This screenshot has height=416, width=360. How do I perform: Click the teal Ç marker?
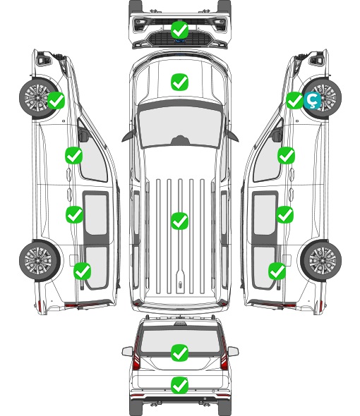click(312, 101)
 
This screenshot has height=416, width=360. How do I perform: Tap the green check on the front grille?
click(179, 30)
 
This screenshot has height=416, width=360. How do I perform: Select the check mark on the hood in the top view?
click(179, 82)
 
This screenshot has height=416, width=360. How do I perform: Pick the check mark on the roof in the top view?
click(179, 221)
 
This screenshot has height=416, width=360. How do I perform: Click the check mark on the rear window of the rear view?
click(179, 353)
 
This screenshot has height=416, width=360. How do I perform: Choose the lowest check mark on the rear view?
click(179, 385)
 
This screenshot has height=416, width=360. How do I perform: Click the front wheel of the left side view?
click(39, 97)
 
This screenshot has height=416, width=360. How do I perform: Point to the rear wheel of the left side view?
click(40, 260)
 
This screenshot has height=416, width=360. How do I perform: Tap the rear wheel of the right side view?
click(321, 260)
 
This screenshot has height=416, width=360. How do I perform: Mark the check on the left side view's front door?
click(74, 155)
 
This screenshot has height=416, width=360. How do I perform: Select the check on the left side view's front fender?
click(56, 100)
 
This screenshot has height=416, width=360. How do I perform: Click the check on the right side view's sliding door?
click(284, 214)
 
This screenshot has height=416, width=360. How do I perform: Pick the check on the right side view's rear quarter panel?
click(277, 271)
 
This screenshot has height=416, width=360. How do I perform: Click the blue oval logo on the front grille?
click(179, 41)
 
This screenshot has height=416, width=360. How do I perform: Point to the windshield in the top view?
click(180, 126)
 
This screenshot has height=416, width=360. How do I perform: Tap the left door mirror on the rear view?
click(127, 351)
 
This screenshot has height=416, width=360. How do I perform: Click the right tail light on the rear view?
click(224, 355)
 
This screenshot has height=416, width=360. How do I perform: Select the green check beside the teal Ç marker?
click(294, 100)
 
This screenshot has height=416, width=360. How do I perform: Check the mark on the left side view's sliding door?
click(74, 214)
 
